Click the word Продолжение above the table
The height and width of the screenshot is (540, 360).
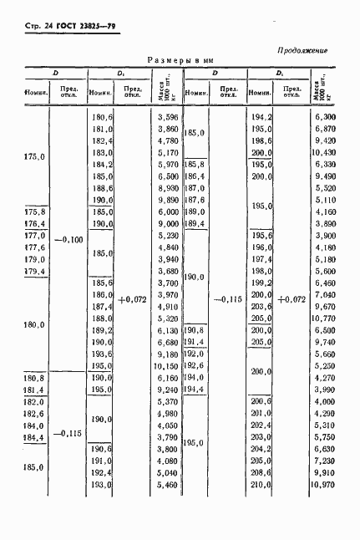(x=302, y=50)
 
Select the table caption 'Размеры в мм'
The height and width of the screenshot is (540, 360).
(x=180, y=60)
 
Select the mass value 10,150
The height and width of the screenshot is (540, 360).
(x=166, y=365)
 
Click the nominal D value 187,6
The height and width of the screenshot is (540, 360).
(x=195, y=201)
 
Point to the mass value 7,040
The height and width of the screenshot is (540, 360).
(x=323, y=295)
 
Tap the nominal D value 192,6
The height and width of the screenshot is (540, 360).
(x=195, y=365)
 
